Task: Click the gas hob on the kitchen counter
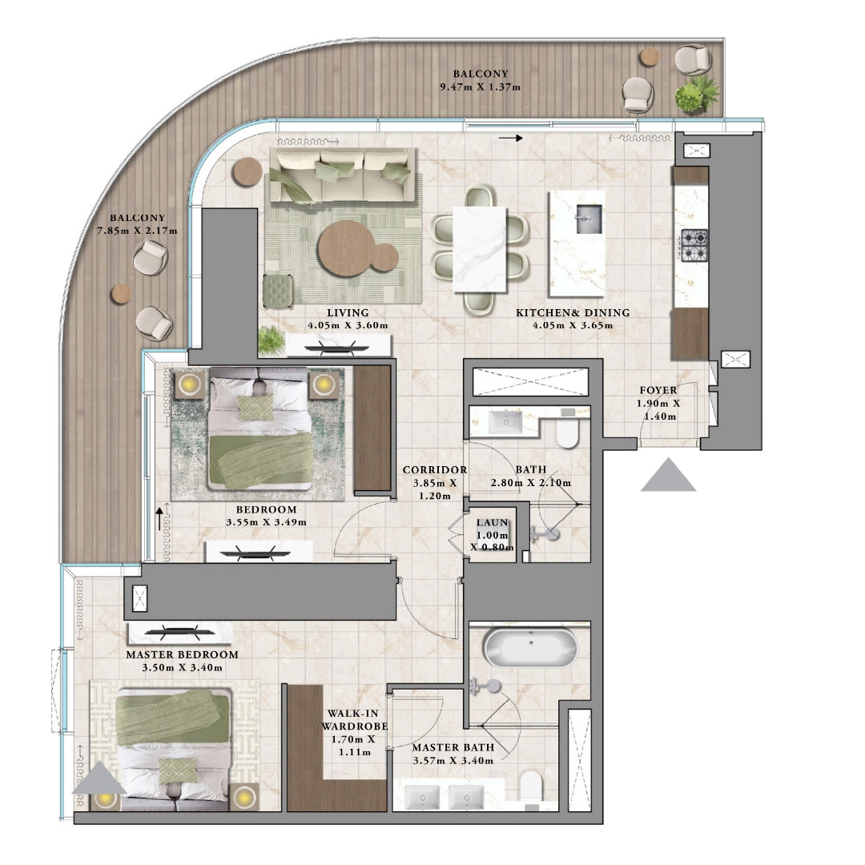[x=694, y=246]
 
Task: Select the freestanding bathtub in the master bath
[x=530, y=647]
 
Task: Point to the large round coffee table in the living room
[x=346, y=248]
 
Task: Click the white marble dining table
[x=481, y=250]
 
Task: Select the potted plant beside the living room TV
[x=272, y=340]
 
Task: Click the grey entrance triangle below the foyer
[x=668, y=475]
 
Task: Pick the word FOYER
[x=657, y=391]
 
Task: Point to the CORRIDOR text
[x=434, y=470]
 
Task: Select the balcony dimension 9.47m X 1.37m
[x=481, y=86]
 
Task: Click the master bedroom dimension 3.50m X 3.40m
[x=182, y=667]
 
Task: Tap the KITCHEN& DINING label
[x=572, y=313]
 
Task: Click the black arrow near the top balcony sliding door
[x=509, y=139]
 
